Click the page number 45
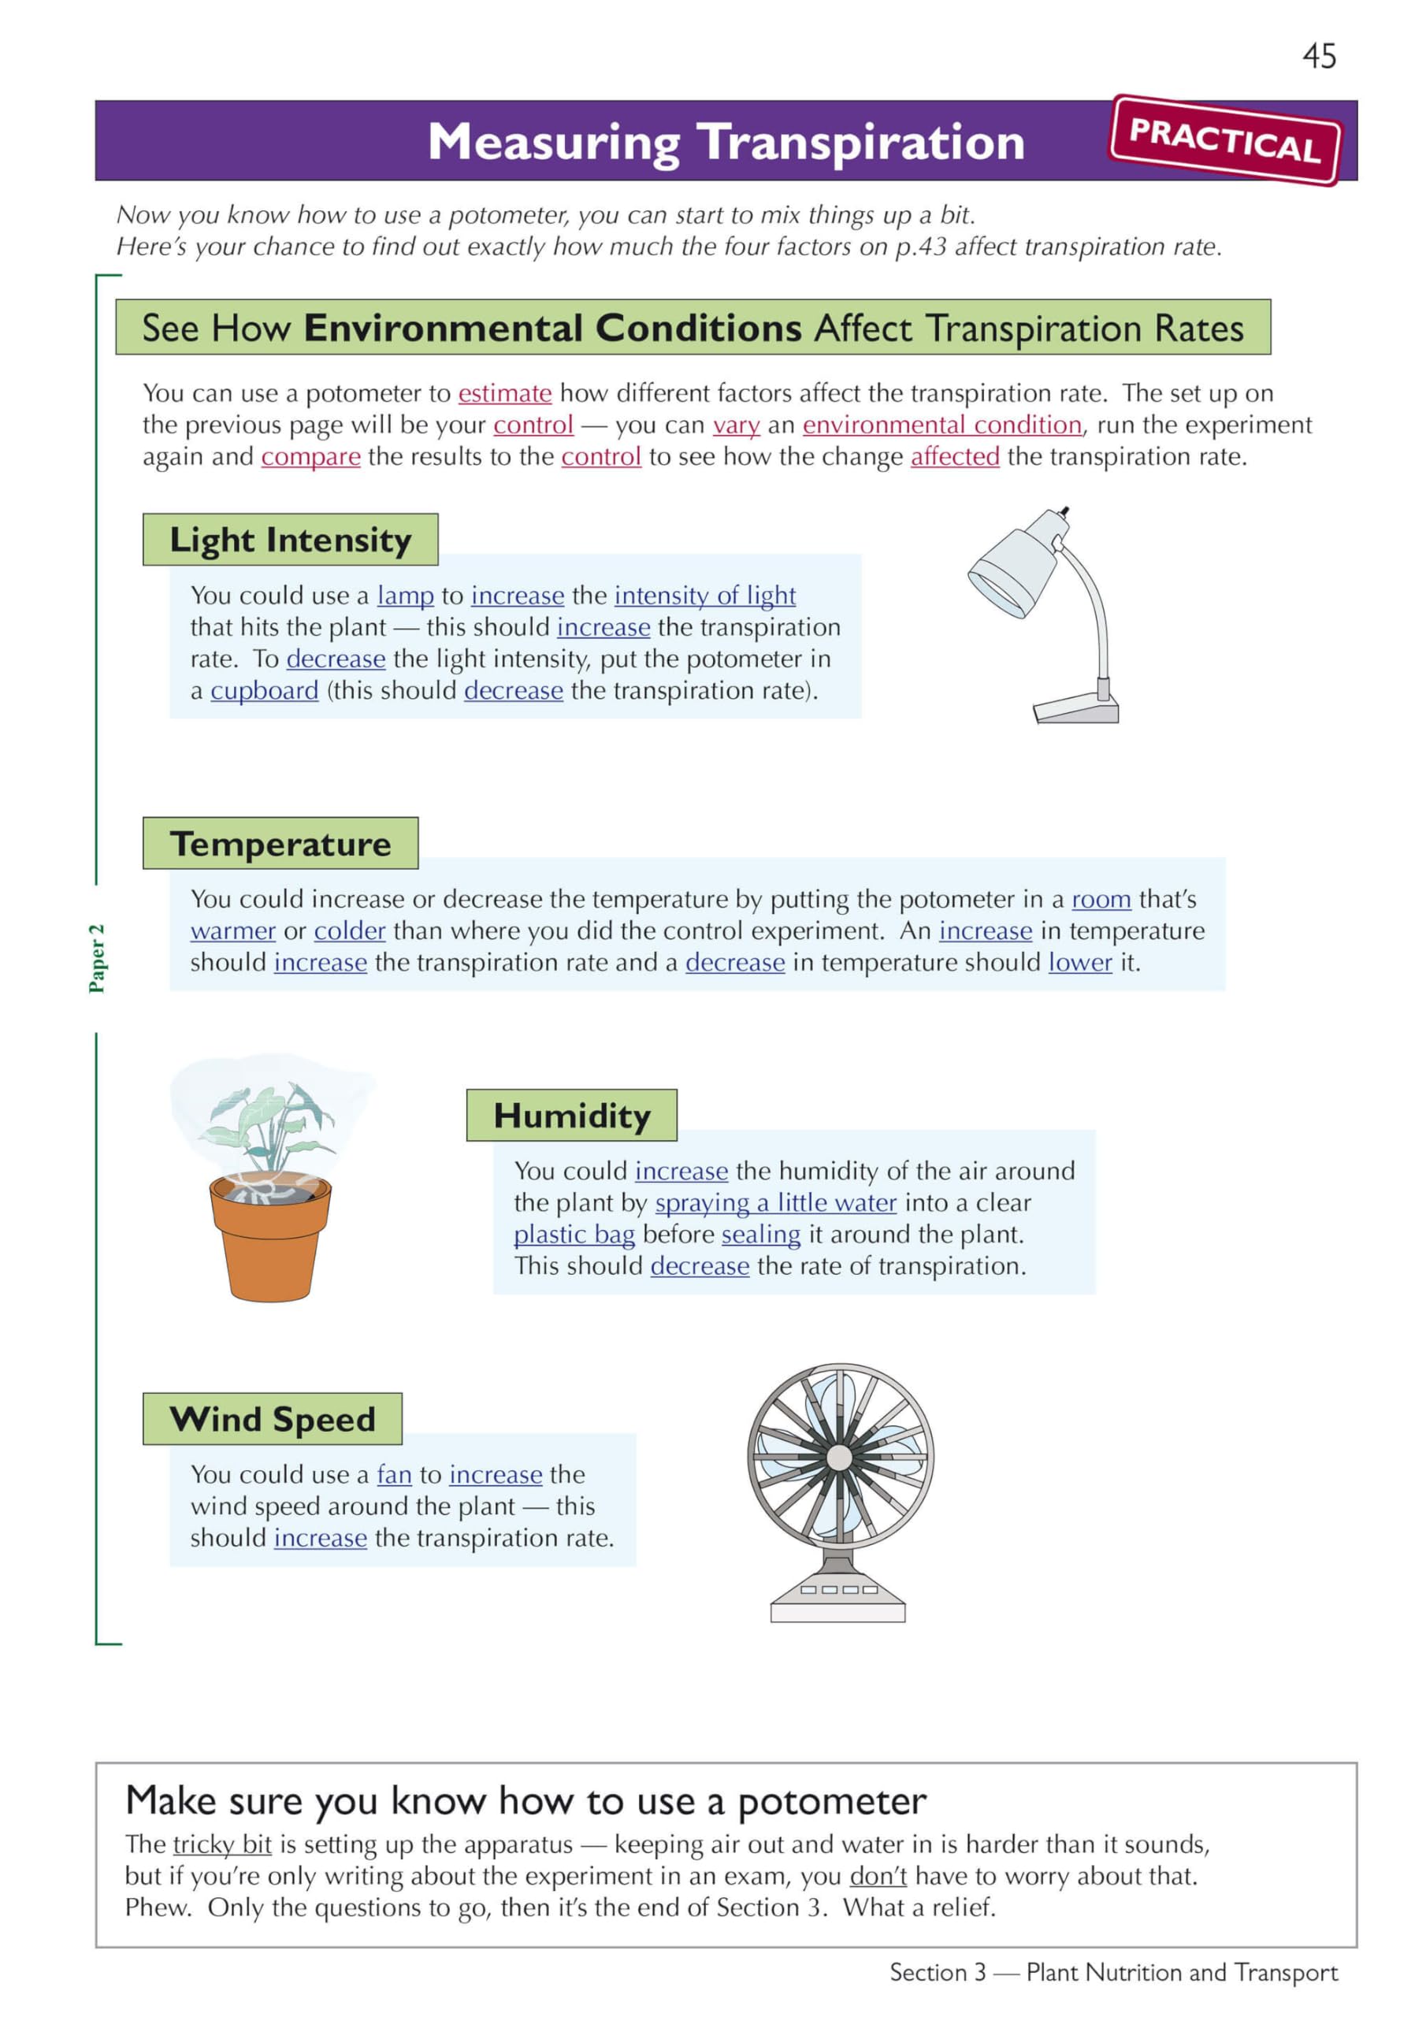pos(1319,56)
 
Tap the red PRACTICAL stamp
pos(1226,140)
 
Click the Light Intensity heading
pos(290,540)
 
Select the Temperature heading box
pos(280,843)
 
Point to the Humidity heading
pos(571,1115)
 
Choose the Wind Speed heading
pos(273,1419)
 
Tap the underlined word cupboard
pos(264,691)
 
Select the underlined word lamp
pos(405,596)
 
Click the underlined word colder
pos(350,930)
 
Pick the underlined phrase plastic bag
pos(574,1235)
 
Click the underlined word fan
pos(394,1474)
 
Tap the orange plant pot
pos(269,1239)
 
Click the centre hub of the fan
pos(840,1458)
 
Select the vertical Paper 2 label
pos(97,958)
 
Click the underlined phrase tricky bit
pos(221,1844)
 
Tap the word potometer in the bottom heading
pos(832,1802)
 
